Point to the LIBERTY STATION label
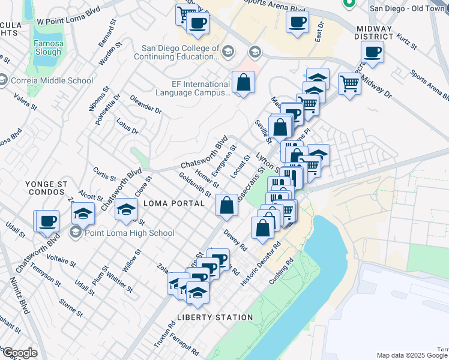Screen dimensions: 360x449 (x=215, y=317)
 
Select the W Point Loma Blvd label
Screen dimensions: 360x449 (x=67, y=21)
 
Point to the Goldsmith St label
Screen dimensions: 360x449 (x=194, y=185)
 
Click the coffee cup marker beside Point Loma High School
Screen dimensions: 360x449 (x=47, y=220)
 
